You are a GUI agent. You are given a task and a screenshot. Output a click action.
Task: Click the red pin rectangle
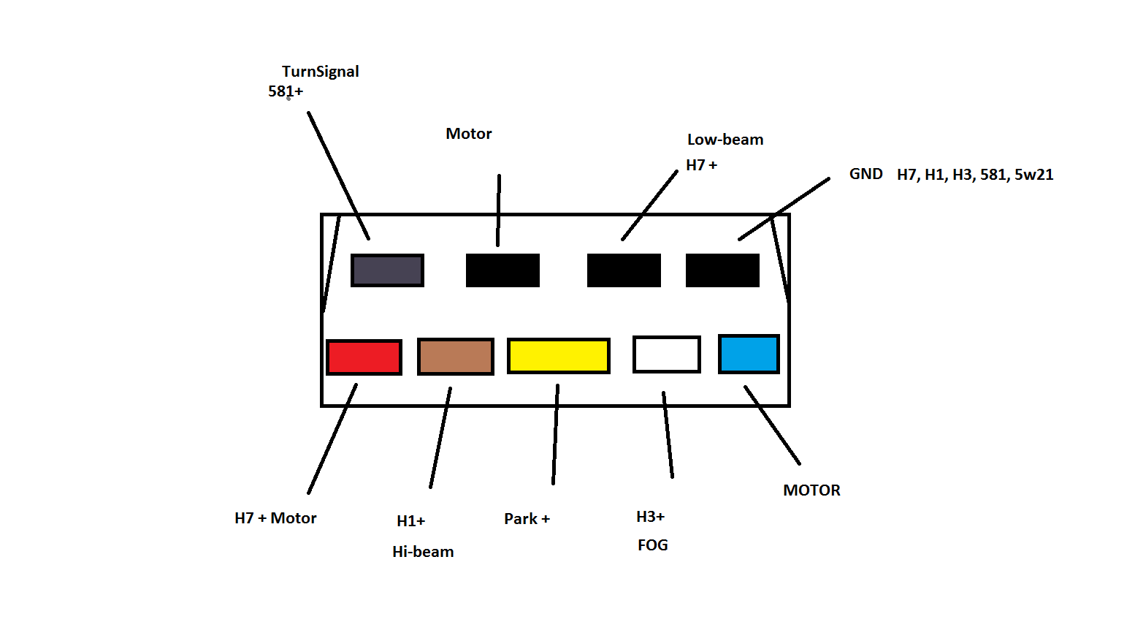coord(364,357)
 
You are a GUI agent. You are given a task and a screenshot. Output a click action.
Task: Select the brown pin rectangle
coord(456,357)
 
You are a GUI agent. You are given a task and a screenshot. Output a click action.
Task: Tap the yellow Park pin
coord(559,356)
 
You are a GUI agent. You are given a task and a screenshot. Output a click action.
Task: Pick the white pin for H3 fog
coord(667,354)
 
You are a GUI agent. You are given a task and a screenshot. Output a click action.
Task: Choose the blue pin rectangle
coord(749,354)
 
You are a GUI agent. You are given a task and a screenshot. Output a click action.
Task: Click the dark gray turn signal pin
coord(388,270)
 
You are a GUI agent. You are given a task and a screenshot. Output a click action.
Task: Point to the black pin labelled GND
coord(722,270)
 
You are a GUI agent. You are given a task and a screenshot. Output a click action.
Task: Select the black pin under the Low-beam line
coord(624,270)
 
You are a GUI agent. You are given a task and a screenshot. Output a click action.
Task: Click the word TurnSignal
coord(320,72)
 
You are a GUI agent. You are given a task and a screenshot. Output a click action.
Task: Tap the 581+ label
coord(286,91)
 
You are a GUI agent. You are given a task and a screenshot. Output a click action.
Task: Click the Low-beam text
coord(725,140)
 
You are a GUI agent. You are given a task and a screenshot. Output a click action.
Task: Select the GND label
coord(866,174)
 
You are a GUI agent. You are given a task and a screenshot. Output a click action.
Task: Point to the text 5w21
coord(1033,175)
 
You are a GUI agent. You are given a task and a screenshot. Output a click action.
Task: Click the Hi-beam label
coord(423,552)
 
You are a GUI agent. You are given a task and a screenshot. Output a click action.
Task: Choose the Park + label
coord(527,519)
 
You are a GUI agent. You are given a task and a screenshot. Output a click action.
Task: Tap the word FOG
coord(653,545)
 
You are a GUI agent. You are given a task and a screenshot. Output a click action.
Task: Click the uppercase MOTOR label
coord(811,490)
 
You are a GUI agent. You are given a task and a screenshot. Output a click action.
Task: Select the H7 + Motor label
coord(275,518)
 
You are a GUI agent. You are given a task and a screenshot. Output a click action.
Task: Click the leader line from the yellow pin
coord(555,434)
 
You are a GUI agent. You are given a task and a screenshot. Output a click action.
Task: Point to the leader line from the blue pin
coord(772,425)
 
